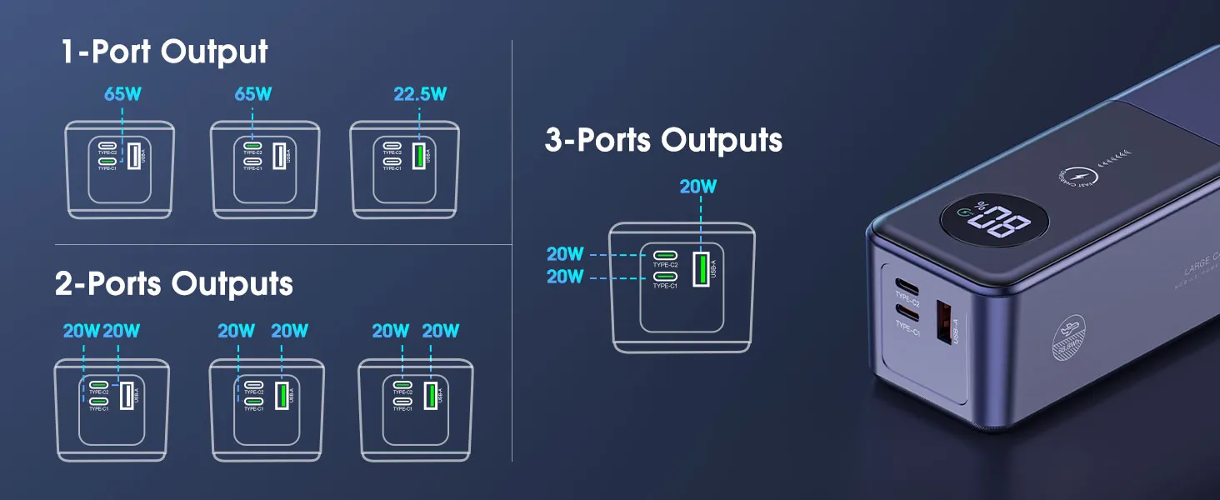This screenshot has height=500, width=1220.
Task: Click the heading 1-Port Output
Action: [164, 52]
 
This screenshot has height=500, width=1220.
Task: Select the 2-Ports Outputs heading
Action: [174, 284]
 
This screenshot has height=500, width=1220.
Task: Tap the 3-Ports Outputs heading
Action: [663, 140]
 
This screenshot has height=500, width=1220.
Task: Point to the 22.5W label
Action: [420, 94]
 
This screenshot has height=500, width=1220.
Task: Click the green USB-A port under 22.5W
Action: [418, 154]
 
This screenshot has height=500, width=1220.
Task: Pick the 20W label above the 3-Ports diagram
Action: [697, 187]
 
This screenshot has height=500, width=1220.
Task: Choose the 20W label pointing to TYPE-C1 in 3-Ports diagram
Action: [565, 277]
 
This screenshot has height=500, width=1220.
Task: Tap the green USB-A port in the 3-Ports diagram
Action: [701, 268]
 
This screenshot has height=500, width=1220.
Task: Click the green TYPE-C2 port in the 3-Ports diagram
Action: [664, 255]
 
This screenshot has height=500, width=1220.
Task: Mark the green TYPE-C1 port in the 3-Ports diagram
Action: [664, 276]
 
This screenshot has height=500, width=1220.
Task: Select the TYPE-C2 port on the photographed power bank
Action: [907, 282]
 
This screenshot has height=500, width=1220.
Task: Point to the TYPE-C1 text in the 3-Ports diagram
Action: [664, 286]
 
